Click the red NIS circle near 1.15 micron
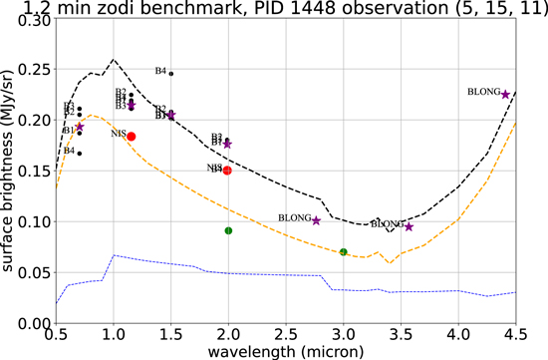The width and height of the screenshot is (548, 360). [131, 137]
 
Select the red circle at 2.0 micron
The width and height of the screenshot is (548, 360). [227, 171]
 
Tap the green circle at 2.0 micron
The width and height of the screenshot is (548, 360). [228, 230]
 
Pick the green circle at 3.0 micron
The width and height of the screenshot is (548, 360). [344, 252]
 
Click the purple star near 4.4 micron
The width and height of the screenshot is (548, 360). [505, 94]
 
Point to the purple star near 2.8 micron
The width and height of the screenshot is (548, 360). [317, 220]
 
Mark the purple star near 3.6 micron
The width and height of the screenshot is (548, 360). [409, 227]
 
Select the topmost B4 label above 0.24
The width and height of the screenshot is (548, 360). [160, 71]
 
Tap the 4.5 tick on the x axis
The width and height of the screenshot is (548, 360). [515, 339]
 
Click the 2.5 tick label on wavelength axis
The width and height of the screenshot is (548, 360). [286, 339]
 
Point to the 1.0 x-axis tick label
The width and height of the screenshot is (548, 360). [113, 339]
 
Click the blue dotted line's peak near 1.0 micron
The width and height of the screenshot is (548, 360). [114, 255]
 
